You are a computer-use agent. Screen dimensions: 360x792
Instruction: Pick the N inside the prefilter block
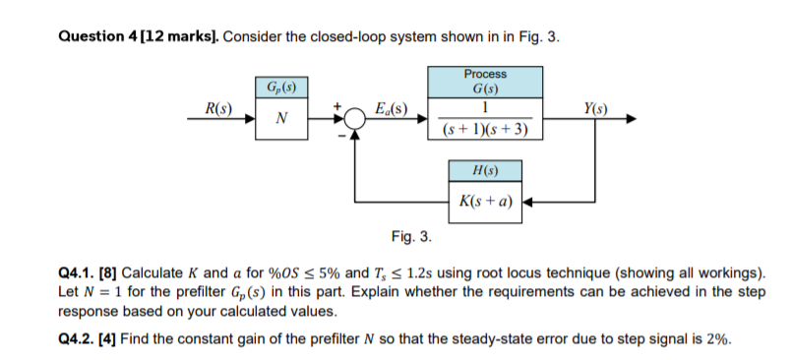tap(282, 119)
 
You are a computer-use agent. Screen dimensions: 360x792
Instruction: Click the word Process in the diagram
tap(485, 74)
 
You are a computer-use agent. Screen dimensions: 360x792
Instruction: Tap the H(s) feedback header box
tap(485, 171)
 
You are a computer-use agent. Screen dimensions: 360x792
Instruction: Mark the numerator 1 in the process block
tap(485, 107)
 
